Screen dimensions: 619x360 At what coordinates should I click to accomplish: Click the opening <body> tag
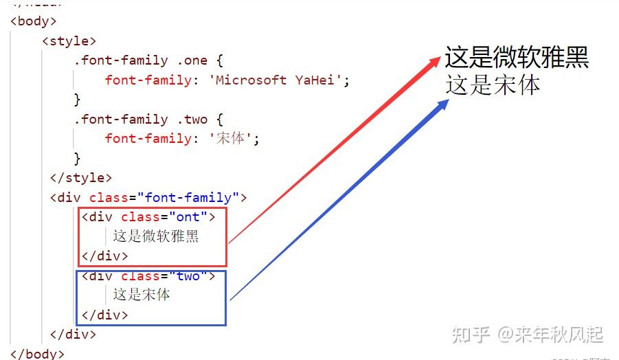click(x=34, y=21)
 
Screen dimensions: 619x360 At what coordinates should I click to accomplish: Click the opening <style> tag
click(x=69, y=41)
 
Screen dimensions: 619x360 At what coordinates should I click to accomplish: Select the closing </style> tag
click(x=80, y=178)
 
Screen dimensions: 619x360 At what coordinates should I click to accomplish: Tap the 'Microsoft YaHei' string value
click(x=279, y=80)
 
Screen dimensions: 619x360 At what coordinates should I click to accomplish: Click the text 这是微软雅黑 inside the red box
click(x=156, y=236)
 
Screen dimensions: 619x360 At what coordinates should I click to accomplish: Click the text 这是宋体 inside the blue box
click(x=142, y=295)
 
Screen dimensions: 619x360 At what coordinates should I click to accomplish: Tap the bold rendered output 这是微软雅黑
click(x=517, y=58)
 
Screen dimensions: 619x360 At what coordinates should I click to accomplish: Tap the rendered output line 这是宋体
click(x=493, y=85)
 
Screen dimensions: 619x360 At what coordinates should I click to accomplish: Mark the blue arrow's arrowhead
click(x=442, y=104)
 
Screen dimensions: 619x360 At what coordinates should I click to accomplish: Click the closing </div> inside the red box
click(x=104, y=256)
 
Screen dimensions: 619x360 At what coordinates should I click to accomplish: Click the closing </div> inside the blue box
click(x=104, y=315)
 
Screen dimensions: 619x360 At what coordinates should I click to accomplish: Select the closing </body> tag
click(x=38, y=354)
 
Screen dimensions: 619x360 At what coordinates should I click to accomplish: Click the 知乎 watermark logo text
click(x=470, y=335)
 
